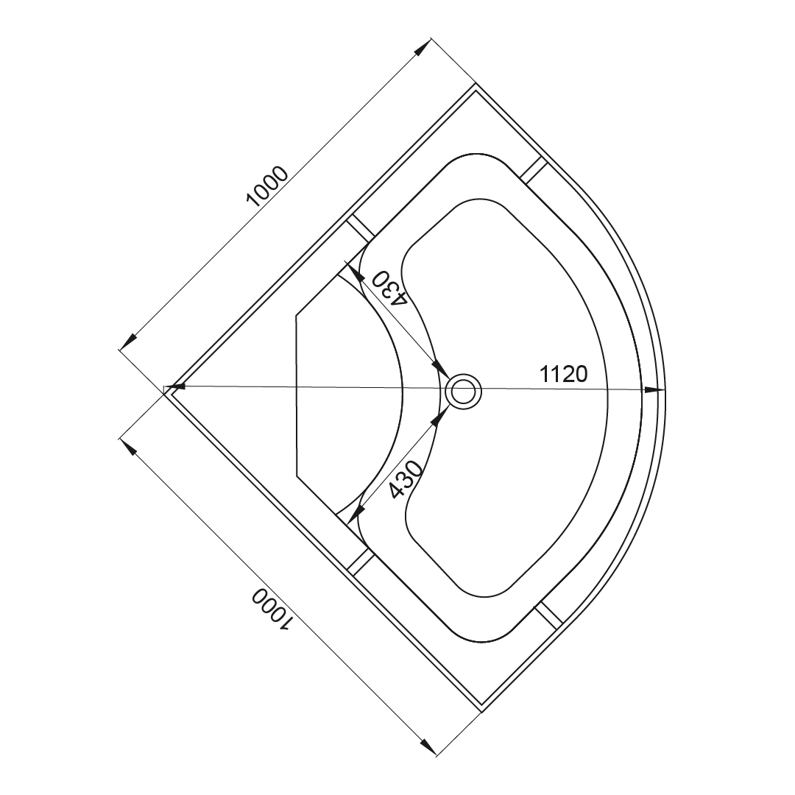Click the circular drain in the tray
[462, 391]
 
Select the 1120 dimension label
[563, 374]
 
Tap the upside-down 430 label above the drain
[389, 288]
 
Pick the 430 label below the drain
[404, 479]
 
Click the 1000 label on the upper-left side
[266, 186]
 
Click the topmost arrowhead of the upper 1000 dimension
[422, 46]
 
